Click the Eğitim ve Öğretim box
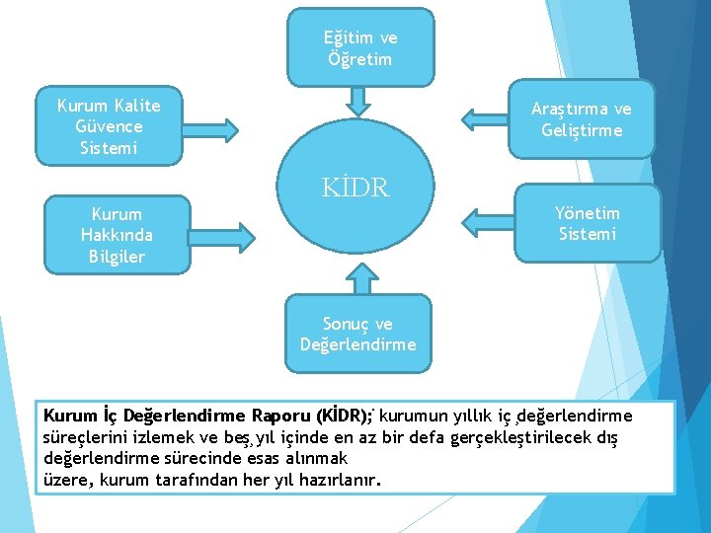[359, 47]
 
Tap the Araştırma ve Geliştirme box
[581, 119]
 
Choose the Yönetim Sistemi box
[587, 223]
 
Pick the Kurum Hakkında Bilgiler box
[117, 235]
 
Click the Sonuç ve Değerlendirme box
[357, 334]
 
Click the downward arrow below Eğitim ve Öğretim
[359, 100]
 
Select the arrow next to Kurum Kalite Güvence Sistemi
[212, 129]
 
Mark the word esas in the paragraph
[263, 459]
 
